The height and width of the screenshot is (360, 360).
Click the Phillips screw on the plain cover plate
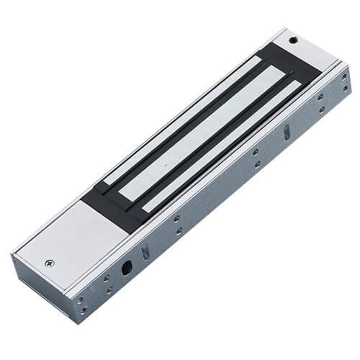click(x=49, y=264)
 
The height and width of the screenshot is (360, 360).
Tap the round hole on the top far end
click(x=293, y=40)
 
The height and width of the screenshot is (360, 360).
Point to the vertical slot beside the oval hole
click(x=145, y=251)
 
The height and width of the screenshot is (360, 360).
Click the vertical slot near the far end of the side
click(x=287, y=132)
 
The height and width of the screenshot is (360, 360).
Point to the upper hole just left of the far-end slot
click(x=256, y=152)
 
